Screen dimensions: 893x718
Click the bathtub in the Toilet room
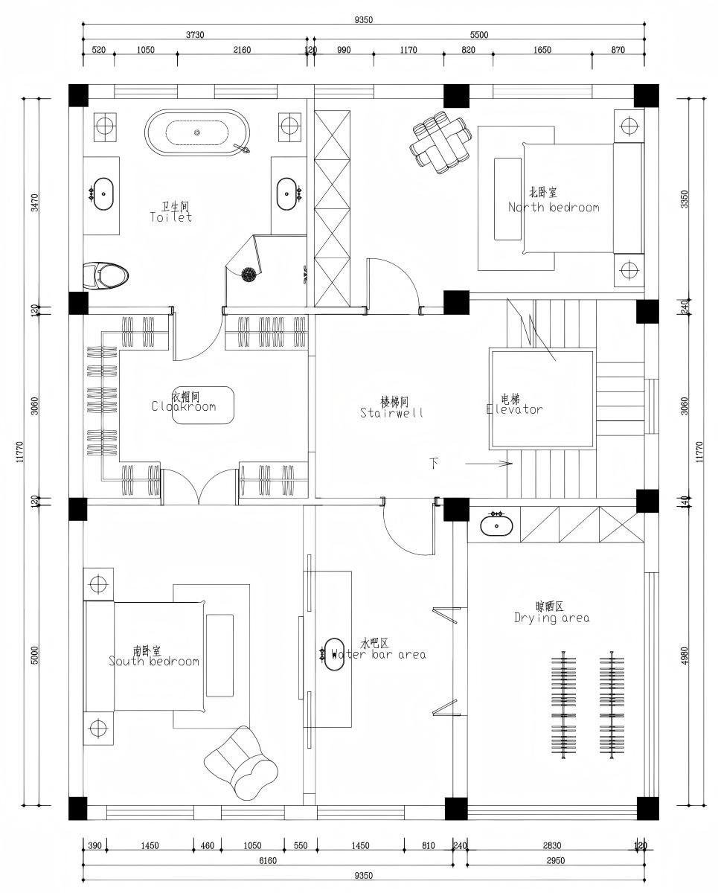click(x=197, y=132)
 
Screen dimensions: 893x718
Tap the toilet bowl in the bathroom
click(x=106, y=275)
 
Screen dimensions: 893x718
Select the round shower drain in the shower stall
click(x=248, y=275)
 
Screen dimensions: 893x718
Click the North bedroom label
click(x=553, y=202)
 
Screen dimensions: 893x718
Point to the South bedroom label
click(x=153, y=656)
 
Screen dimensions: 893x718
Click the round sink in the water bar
click(x=333, y=654)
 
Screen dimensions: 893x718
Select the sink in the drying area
click(x=495, y=525)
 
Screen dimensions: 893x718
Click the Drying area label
click(x=552, y=612)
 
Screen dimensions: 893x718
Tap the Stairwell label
click(x=391, y=407)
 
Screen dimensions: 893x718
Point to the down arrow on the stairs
click(x=487, y=464)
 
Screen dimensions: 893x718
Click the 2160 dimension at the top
click(x=242, y=50)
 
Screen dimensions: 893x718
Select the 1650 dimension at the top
click(x=542, y=50)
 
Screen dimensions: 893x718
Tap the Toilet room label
click(x=171, y=213)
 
